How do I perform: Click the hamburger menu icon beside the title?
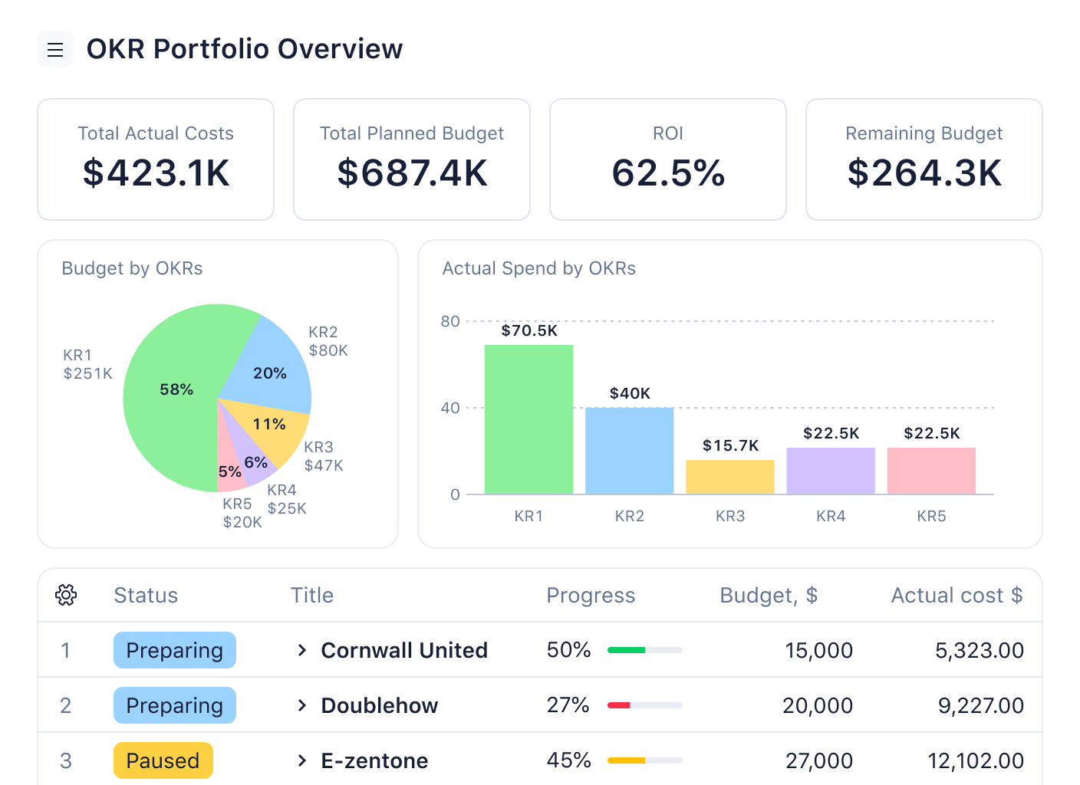[55, 50]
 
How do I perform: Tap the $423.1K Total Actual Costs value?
[156, 173]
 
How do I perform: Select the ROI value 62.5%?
[668, 173]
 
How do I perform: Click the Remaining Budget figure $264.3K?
[924, 173]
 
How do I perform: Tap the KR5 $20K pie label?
[242, 513]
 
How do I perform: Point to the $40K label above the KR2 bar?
[630, 393]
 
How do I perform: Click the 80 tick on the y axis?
[450, 321]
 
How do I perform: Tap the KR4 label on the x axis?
[831, 516]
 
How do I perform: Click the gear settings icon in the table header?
[66, 595]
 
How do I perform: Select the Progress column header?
[591, 596]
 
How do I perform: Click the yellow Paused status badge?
[163, 760]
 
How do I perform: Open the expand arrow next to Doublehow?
[302, 705]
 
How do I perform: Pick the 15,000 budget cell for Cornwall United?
[818, 650]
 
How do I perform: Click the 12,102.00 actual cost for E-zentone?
[976, 760]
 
